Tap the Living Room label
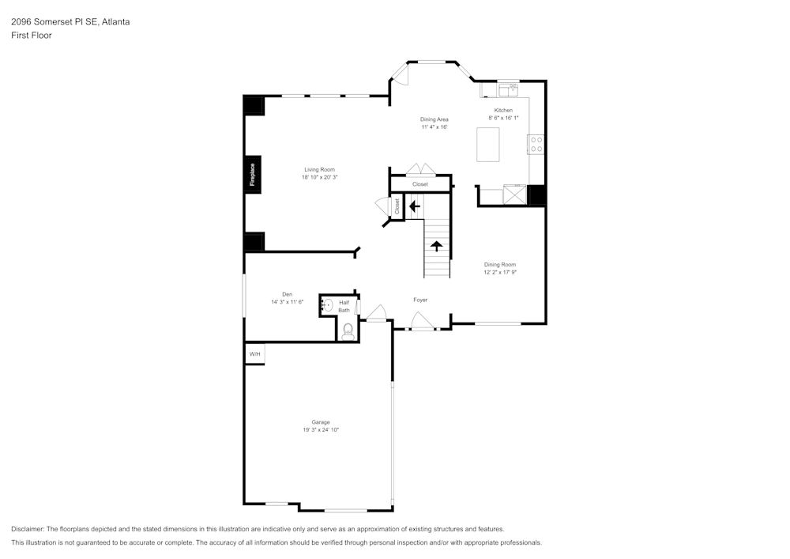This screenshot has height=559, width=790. coord(320,169)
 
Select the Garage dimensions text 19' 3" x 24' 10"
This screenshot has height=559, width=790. coord(320,430)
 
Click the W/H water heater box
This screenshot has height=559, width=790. coord(254,354)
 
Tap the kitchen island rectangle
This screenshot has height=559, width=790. coord(487,144)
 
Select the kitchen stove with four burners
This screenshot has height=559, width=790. coord(536,144)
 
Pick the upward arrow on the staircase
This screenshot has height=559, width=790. coord(435,245)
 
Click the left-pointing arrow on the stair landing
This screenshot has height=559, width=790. coord(414,206)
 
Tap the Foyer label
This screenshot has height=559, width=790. coord(420,300)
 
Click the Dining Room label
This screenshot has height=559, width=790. coord(500,264)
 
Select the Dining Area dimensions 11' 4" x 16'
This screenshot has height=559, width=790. coord(434,127)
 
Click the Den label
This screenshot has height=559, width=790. coord(288,294)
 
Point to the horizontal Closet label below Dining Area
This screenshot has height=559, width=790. coord(419,184)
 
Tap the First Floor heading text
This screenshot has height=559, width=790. coord(32,36)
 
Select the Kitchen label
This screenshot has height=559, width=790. coord(503,110)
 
